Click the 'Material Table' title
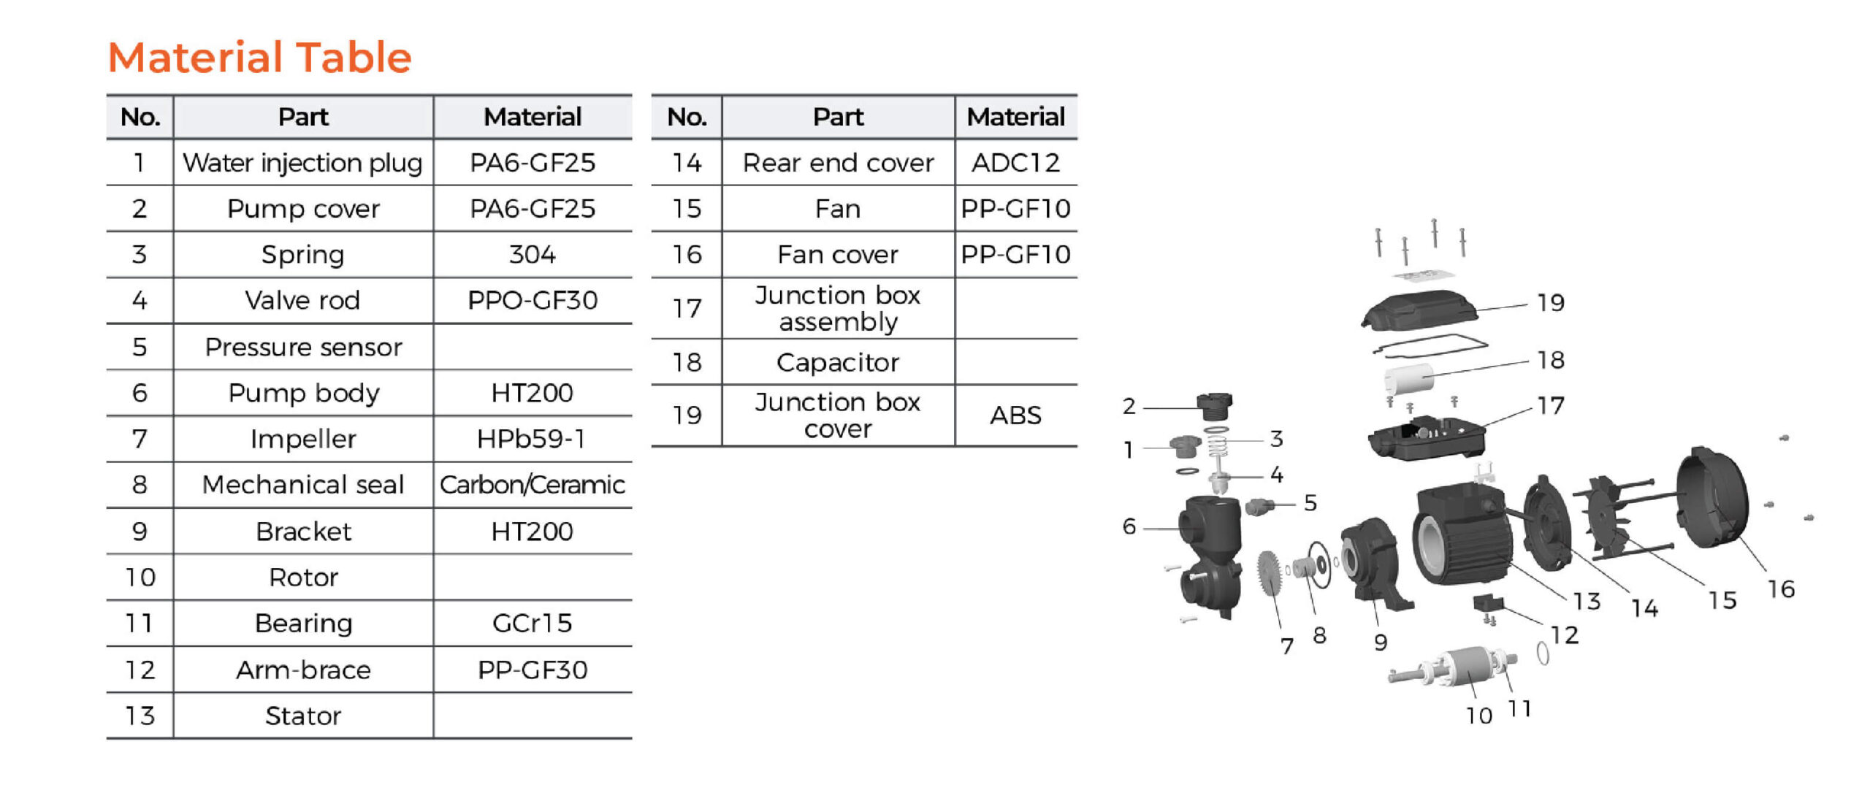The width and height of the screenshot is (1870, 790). [259, 57]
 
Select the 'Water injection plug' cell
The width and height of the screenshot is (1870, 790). [302, 162]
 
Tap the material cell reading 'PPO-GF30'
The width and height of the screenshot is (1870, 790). [532, 300]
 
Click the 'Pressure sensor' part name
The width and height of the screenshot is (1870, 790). [302, 347]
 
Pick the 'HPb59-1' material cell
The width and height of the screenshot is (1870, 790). [532, 439]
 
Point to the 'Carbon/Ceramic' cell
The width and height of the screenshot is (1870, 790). [532, 485]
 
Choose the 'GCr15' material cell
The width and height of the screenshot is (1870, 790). [532, 623]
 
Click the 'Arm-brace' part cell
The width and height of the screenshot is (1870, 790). [302, 670]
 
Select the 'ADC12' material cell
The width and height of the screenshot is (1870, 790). [1015, 162]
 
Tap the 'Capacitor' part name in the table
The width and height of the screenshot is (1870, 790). [838, 362]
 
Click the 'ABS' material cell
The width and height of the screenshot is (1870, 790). [1015, 415]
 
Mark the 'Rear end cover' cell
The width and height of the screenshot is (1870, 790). [838, 162]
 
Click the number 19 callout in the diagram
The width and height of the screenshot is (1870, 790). [1550, 302]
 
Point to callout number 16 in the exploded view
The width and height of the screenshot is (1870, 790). [1781, 588]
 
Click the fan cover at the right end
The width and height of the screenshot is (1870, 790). [1713, 496]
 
